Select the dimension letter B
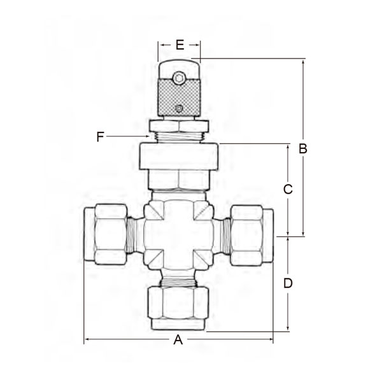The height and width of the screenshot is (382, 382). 303,149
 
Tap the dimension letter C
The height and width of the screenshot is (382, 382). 288,189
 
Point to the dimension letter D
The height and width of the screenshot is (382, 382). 288,283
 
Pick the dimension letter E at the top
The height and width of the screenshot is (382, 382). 180,45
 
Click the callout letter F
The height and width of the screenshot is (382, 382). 99,136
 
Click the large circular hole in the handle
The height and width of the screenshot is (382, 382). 180,78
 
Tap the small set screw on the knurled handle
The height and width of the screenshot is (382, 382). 180,108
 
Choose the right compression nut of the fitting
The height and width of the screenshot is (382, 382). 251,235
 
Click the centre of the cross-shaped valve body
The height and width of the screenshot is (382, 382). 179,235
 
